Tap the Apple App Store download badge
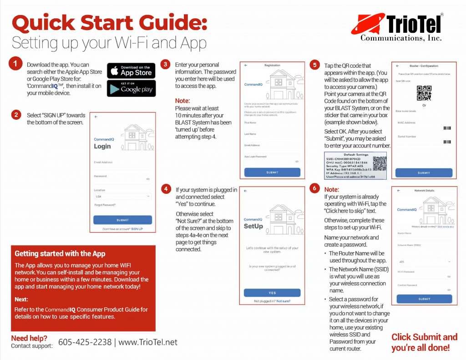coord(131,71)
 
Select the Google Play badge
coord(131,88)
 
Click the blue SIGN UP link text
coord(137,229)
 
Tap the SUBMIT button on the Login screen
coord(122,220)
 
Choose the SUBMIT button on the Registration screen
coord(272,172)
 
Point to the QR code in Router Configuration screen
coord(424,93)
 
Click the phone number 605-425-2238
coord(85,342)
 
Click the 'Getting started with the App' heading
coord(60,254)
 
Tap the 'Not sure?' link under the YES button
coord(283,301)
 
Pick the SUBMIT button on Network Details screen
coord(424,299)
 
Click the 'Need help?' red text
coord(29,338)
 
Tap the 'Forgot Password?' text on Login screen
coord(105,205)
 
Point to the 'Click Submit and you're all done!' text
coord(424,342)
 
